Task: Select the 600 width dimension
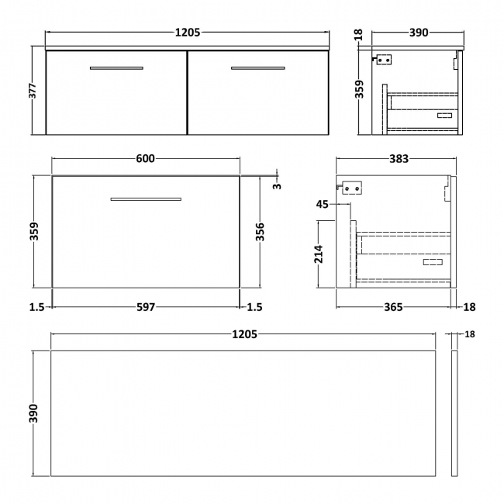(x=146, y=159)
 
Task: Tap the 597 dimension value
(x=146, y=307)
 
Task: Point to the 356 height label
(x=261, y=232)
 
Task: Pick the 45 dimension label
(x=323, y=205)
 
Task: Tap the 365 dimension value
(x=393, y=307)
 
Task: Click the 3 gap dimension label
(x=278, y=184)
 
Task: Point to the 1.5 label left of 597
(x=36, y=307)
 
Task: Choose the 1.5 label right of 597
(x=254, y=307)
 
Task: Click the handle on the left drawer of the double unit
(x=116, y=68)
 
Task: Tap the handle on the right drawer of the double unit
(x=257, y=68)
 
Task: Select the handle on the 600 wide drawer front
(x=146, y=199)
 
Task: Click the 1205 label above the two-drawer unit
(x=188, y=33)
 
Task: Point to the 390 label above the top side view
(x=418, y=33)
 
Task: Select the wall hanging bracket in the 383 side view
(x=351, y=187)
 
